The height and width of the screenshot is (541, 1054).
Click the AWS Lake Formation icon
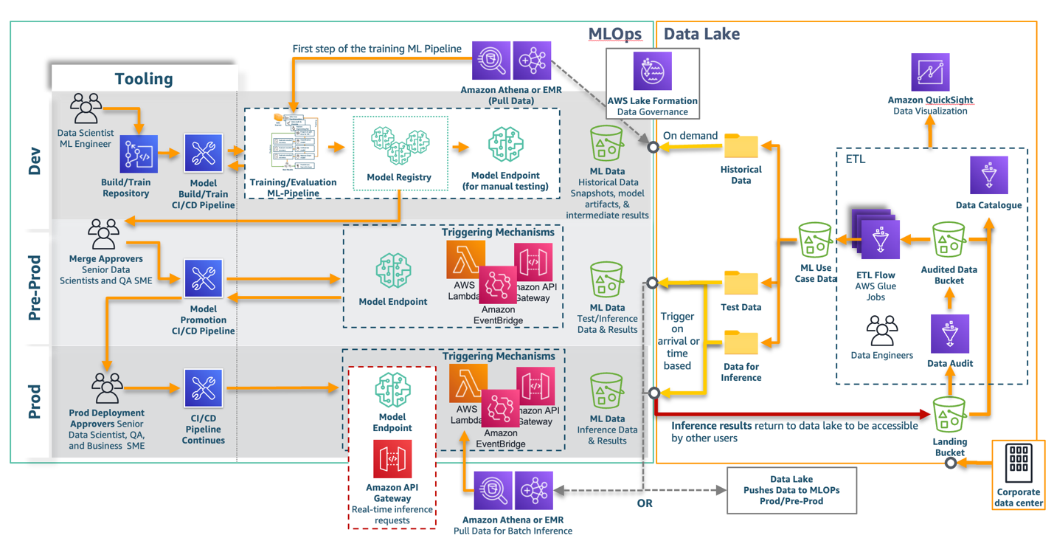point(652,72)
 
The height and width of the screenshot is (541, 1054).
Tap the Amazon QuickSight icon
point(929,72)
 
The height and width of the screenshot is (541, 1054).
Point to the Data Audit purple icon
point(950,334)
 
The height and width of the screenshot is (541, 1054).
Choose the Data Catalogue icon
point(988,176)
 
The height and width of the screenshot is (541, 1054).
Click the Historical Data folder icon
point(741,146)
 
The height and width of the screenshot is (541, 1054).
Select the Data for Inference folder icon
point(741,344)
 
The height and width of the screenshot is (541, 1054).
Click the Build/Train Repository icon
point(139,155)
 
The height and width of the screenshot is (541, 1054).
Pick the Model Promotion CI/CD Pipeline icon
point(203,279)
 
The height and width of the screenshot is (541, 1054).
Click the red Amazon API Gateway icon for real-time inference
point(392,459)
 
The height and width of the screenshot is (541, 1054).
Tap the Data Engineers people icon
point(881,331)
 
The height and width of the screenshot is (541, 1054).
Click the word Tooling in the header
point(144,79)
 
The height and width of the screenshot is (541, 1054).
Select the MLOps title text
point(614,34)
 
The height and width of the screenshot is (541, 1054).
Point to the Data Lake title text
point(701,34)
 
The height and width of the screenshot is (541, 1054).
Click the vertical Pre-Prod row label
point(35,288)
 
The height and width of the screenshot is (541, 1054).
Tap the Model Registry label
point(399,177)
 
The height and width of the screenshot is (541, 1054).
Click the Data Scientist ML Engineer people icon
point(86,109)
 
